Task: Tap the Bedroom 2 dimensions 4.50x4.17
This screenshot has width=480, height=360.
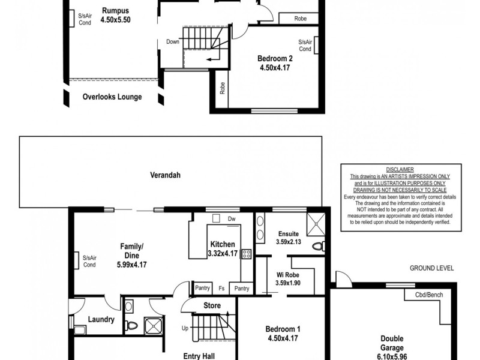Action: coord(275,68)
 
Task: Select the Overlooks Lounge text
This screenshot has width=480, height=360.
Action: coord(112,97)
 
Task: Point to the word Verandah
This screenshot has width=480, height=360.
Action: coord(166,175)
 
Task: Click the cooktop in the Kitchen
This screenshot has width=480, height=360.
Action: coord(245,254)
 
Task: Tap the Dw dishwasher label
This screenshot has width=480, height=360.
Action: coord(231,219)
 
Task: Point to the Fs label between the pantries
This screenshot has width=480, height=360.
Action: coord(221,289)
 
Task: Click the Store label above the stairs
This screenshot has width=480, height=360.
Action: coord(212,305)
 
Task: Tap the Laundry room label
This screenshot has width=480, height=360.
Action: coord(101,319)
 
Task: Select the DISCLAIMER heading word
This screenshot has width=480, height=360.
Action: coord(395,170)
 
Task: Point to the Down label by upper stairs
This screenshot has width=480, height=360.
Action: coord(173,42)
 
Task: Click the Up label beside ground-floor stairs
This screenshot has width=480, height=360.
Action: coord(186,328)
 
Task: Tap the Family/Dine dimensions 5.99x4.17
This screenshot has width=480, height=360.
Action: coord(132,264)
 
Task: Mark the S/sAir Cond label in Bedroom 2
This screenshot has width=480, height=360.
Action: coord(305,46)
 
